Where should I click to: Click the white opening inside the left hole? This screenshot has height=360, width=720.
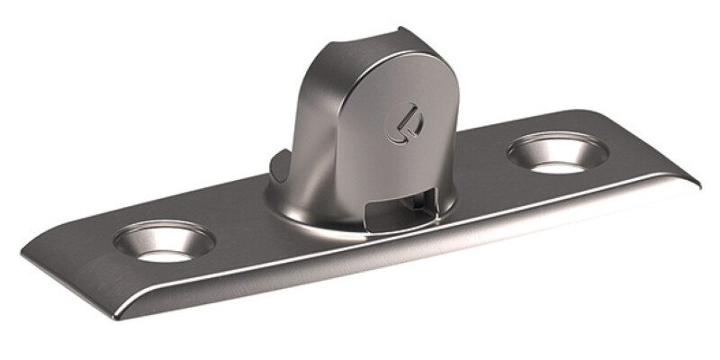pyautogui.click(x=167, y=253)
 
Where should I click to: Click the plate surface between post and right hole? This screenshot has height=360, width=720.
pyautogui.click(x=486, y=180)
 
